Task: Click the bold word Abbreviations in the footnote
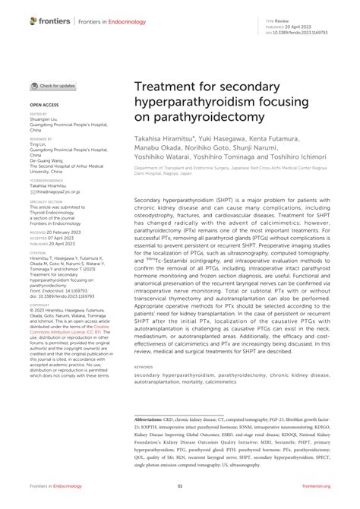pyautogui.click(x=153, y=418)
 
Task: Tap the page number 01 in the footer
pyautogui.click(x=180, y=486)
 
